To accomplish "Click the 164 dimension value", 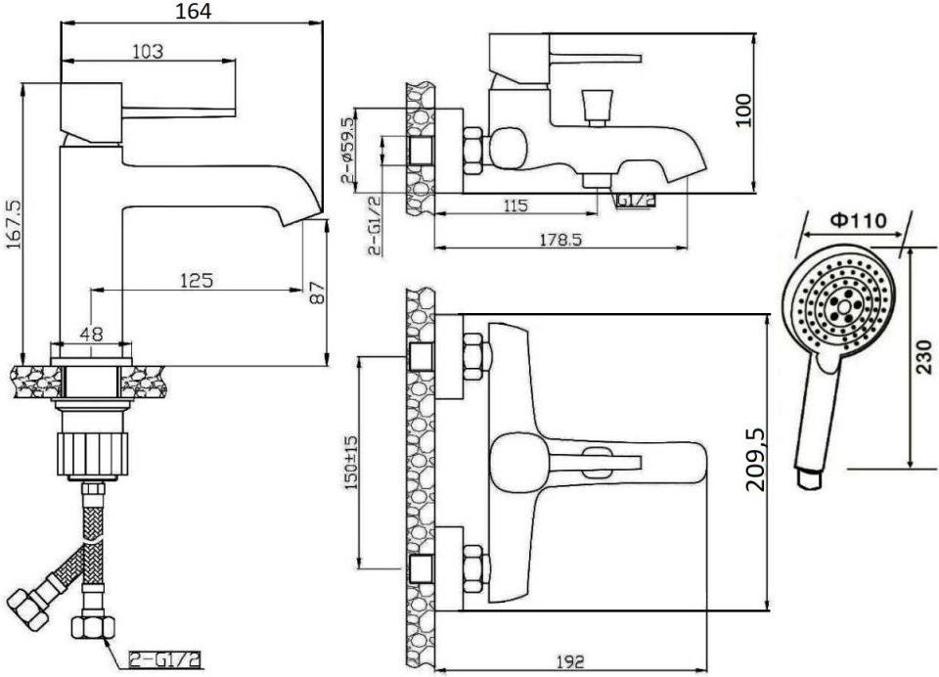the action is point(193,11).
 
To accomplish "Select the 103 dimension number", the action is point(148,52).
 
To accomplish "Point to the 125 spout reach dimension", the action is point(196,280).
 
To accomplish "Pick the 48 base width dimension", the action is point(92,334).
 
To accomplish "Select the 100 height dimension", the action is point(742,110).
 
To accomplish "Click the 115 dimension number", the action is point(515,206).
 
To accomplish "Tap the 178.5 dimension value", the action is point(560,240).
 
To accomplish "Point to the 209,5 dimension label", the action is point(756,460).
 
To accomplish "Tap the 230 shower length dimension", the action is point(924,357).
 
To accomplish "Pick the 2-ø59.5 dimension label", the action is point(348,150).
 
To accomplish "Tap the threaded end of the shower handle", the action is point(809,478).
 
